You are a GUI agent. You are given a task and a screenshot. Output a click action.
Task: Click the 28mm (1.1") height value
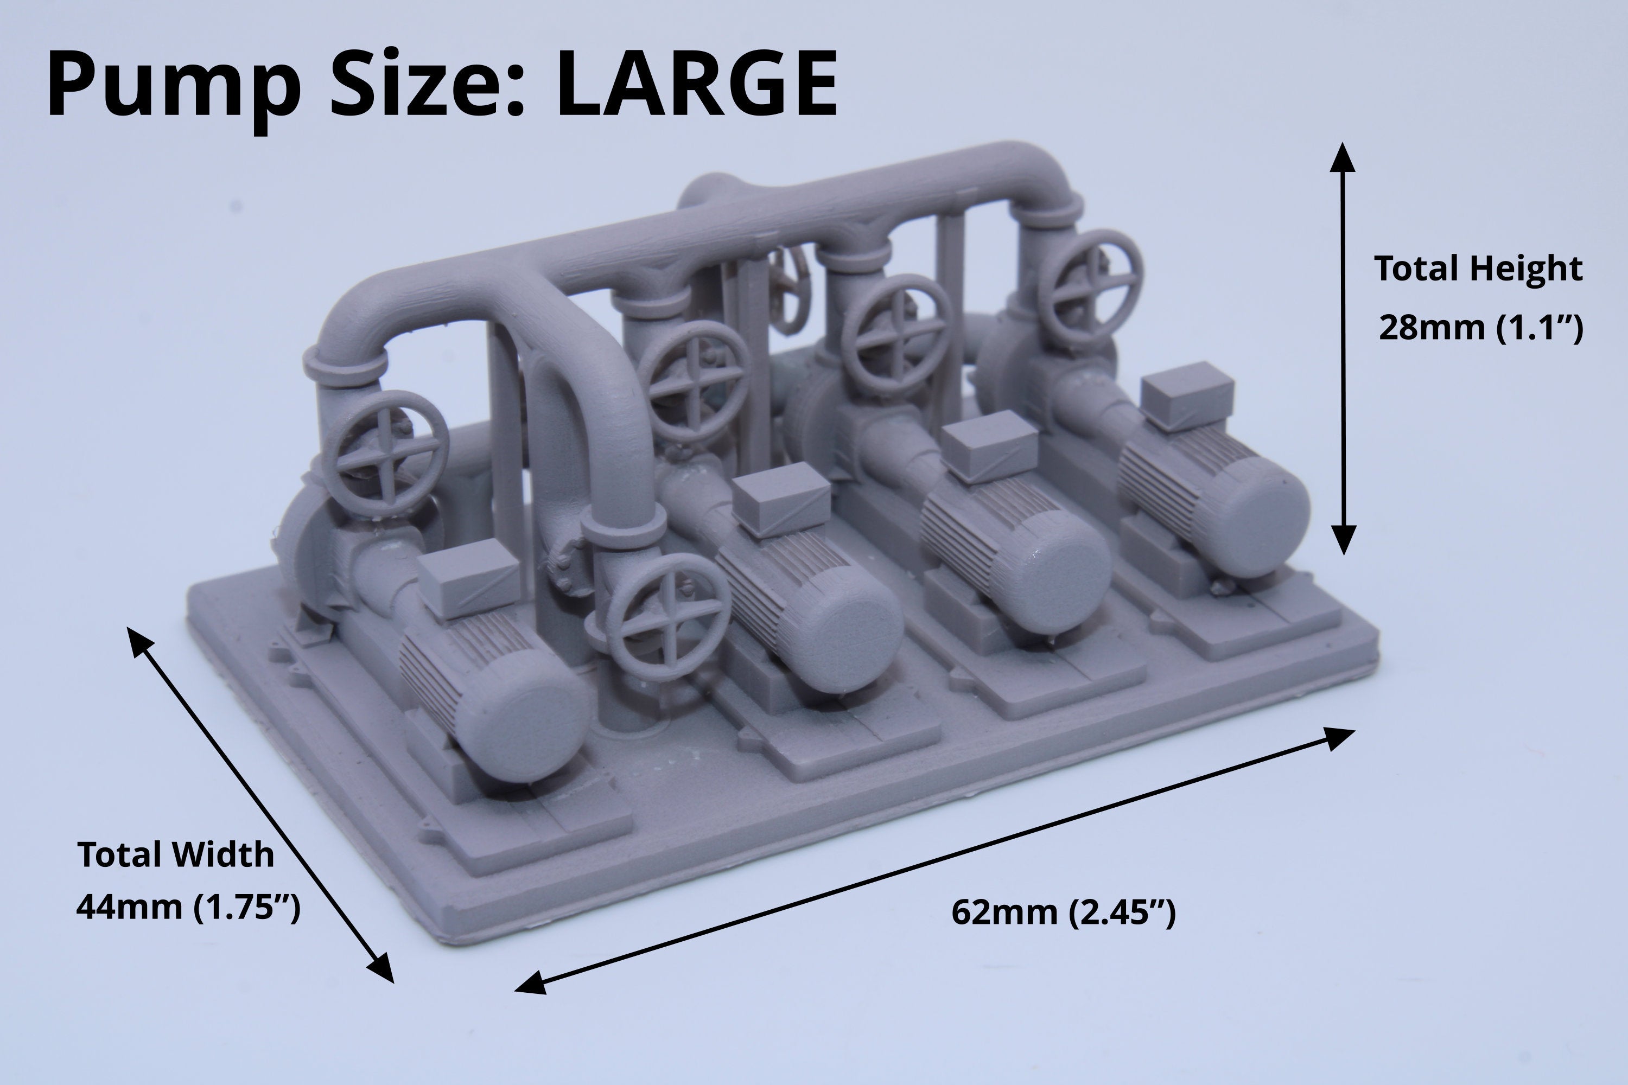click(x=1480, y=327)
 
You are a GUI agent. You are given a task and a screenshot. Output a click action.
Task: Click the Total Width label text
click(x=176, y=854)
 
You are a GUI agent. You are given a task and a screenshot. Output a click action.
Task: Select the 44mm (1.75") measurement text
click(x=188, y=907)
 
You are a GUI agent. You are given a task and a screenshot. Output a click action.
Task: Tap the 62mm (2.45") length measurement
click(x=1063, y=912)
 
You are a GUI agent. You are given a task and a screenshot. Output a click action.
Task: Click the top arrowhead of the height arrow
click(x=1343, y=156)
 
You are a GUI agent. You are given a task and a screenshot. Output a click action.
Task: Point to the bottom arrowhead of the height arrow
click(x=1343, y=540)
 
